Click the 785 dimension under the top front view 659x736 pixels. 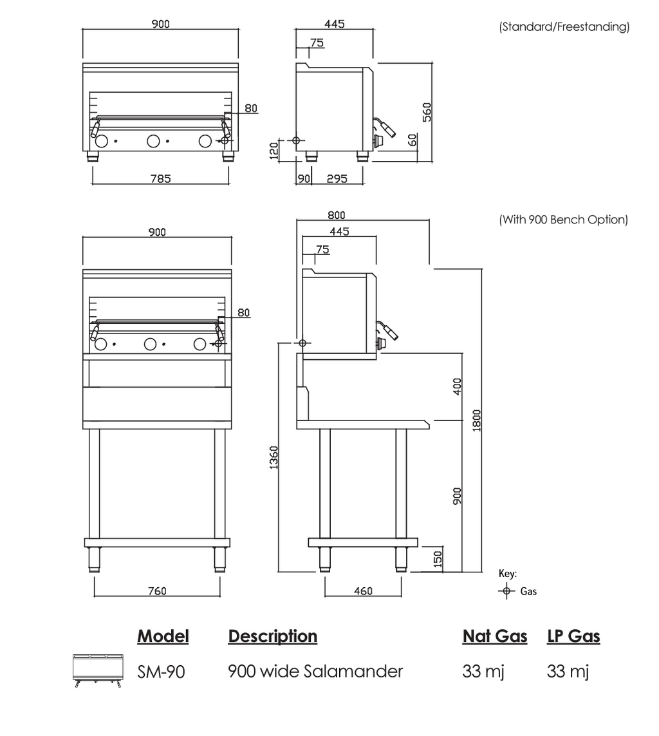[x=160, y=178]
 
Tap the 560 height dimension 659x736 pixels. [x=426, y=111]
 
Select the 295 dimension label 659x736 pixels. [x=337, y=178]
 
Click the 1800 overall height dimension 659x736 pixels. [x=476, y=420]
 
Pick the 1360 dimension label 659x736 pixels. [x=274, y=457]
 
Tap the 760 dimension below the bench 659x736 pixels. [x=157, y=590]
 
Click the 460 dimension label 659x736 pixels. [x=363, y=590]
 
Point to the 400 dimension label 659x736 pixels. [x=458, y=386]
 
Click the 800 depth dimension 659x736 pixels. [x=336, y=215]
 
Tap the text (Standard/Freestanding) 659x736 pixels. [x=564, y=27]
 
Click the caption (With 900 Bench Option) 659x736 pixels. [x=564, y=220]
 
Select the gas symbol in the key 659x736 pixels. [x=506, y=591]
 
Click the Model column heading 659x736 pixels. [x=163, y=636]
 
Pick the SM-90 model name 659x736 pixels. [x=161, y=672]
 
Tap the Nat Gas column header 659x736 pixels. [x=494, y=636]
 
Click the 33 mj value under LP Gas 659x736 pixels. [x=568, y=672]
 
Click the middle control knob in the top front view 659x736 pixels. [x=154, y=140]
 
